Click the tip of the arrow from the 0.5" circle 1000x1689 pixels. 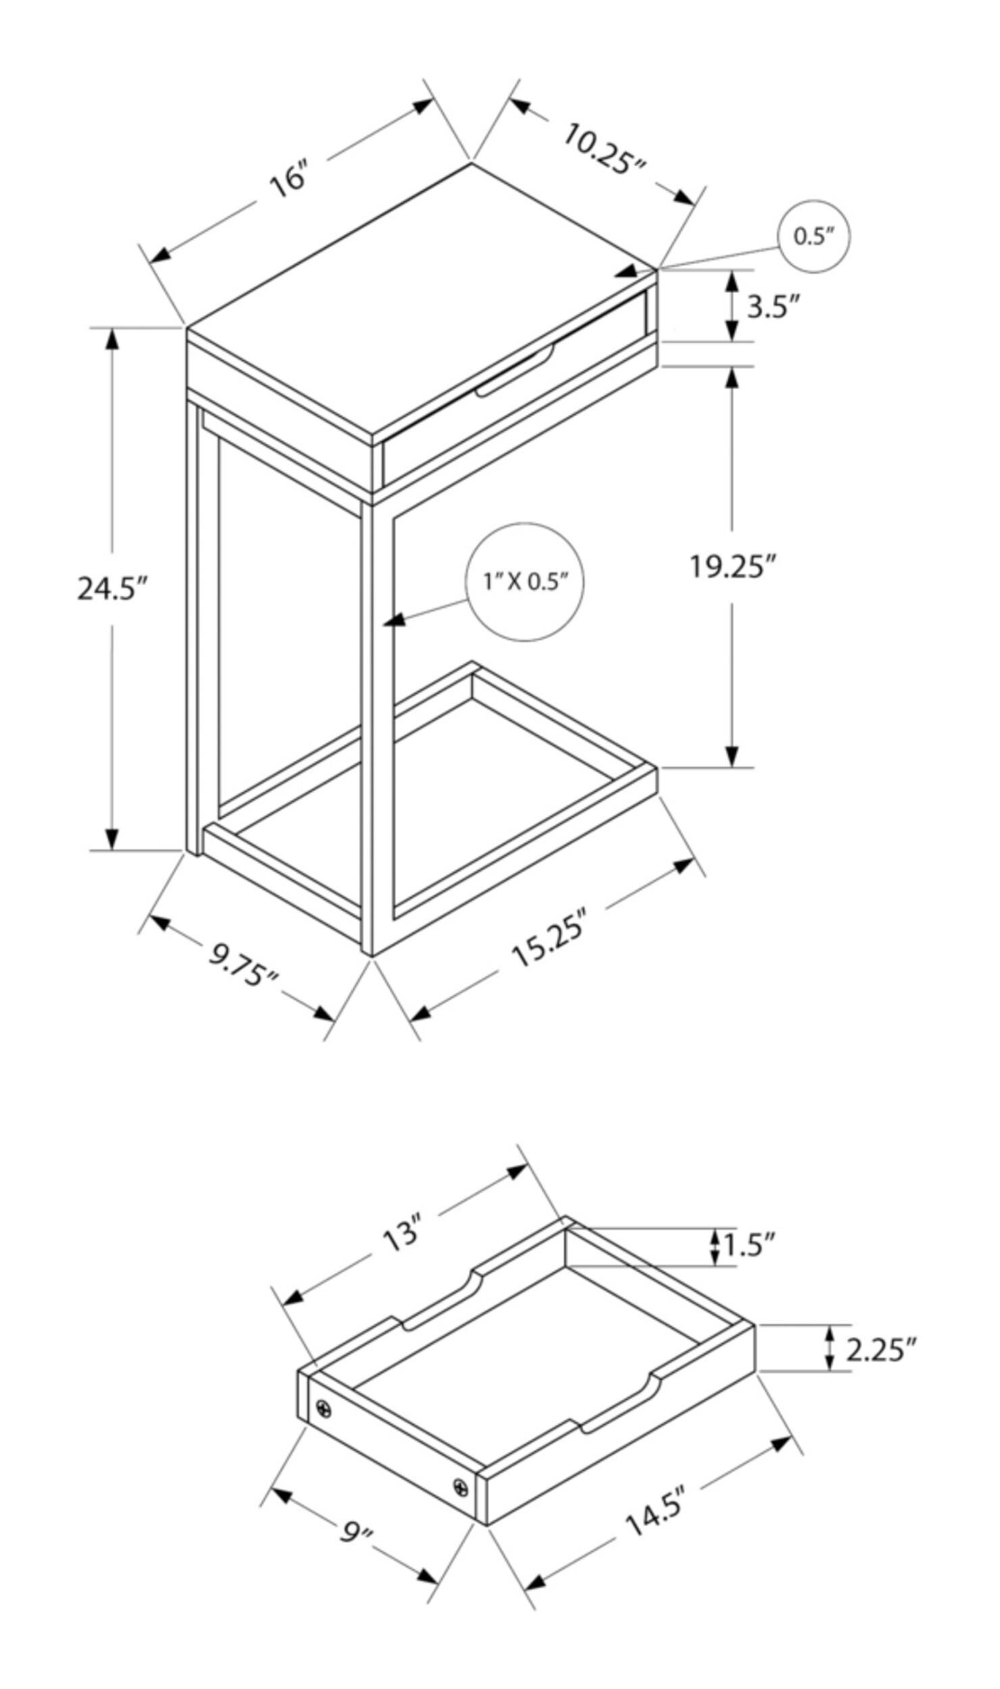[x=615, y=274]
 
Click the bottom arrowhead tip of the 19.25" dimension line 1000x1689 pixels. [x=732, y=767]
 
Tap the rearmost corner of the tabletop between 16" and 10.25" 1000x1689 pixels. [x=471, y=162]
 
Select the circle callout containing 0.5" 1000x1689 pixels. [x=814, y=236]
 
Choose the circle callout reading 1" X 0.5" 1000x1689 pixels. [x=524, y=582]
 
